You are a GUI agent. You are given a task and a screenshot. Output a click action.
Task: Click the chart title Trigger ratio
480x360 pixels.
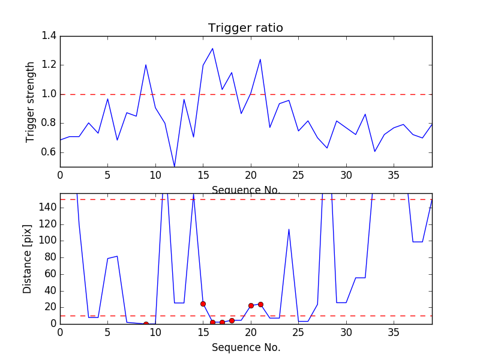tap(245, 28)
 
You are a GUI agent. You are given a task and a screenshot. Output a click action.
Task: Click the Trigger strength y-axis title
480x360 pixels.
tap(31, 101)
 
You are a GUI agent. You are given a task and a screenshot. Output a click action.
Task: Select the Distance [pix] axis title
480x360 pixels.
tap(28, 259)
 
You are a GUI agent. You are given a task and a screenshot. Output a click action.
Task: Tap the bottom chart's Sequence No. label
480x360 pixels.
tap(246, 347)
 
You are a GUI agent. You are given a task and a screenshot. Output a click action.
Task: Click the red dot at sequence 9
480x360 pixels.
tap(146, 324)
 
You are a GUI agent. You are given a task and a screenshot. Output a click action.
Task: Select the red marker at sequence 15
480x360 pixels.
tap(203, 304)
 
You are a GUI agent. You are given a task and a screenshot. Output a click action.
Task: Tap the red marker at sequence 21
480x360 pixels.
tap(260, 304)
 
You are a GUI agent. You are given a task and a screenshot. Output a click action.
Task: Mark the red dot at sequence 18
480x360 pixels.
tap(232, 320)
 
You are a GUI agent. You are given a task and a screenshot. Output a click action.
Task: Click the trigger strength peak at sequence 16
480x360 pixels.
tap(212, 49)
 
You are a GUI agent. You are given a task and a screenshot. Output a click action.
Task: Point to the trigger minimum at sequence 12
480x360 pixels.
tap(175, 166)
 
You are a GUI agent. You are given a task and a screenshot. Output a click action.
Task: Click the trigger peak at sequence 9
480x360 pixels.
tap(146, 65)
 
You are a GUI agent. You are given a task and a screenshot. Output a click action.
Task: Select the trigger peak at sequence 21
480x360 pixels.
tap(260, 59)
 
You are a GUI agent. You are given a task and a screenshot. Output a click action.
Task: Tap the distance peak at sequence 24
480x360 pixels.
tap(289, 229)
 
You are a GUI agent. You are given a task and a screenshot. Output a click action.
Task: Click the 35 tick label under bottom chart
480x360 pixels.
tap(394, 332)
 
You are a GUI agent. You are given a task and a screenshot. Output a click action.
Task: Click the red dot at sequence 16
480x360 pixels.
tap(212, 322)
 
